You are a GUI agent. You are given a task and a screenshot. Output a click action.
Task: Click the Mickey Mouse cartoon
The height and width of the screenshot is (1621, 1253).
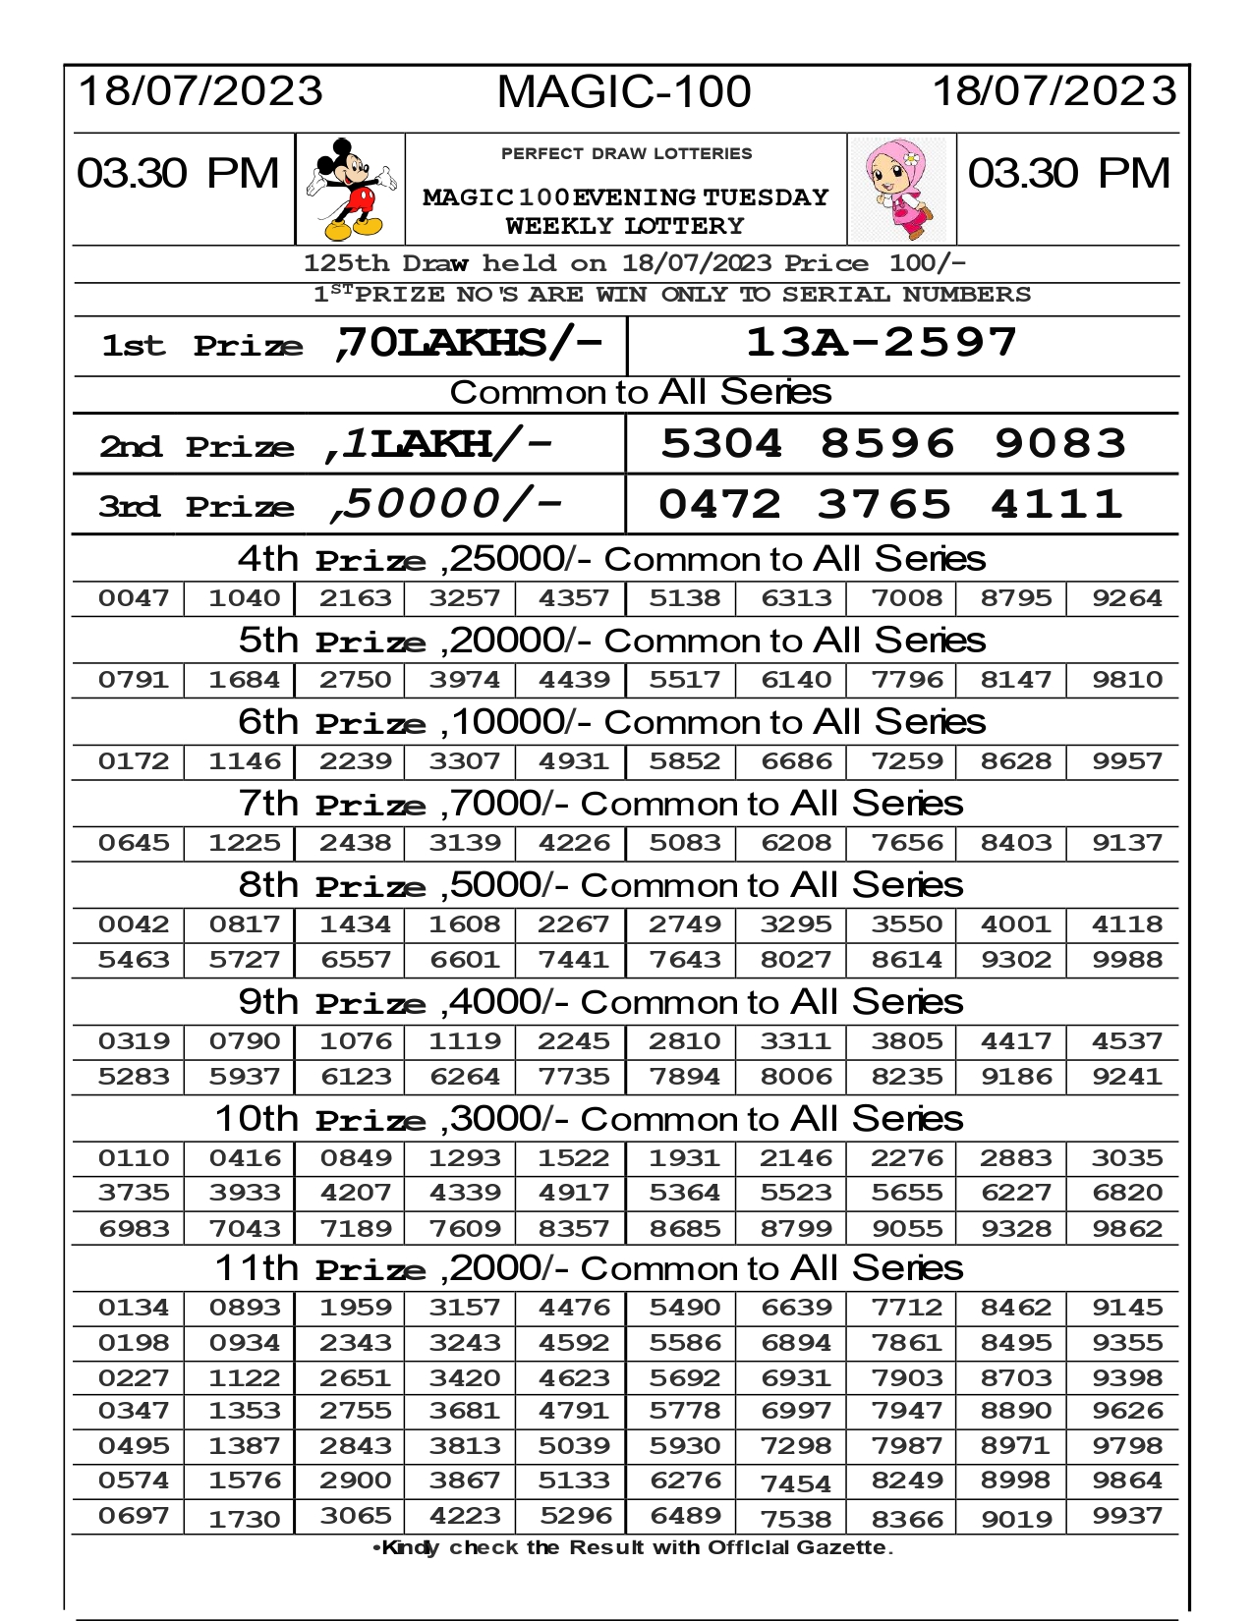pyautogui.click(x=350, y=189)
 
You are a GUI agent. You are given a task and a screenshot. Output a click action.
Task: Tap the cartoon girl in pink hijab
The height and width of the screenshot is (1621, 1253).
pyautogui.click(x=901, y=190)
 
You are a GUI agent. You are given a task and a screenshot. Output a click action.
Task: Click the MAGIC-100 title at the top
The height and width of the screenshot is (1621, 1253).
pyautogui.click(x=624, y=92)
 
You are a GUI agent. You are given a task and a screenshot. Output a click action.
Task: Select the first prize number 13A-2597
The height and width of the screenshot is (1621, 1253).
pyautogui.click(x=882, y=343)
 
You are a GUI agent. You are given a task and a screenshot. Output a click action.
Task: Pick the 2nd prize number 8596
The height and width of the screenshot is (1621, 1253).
pyautogui.click(x=887, y=444)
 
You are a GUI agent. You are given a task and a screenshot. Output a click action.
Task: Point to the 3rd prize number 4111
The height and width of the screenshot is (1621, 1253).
pyautogui.click(x=1056, y=505)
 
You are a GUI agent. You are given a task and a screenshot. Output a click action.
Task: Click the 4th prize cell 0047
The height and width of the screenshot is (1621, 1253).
pyautogui.click(x=134, y=598)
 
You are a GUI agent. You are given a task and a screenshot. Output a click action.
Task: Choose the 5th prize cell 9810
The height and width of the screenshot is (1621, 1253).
pyautogui.click(x=1127, y=680)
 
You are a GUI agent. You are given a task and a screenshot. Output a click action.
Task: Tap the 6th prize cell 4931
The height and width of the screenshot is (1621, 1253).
pyautogui.click(x=574, y=761)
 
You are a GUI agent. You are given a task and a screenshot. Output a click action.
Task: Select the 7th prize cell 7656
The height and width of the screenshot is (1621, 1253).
pyautogui.click(x=906, y=843)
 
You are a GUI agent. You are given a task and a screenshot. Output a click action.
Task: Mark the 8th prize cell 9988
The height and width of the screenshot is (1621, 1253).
pyautogui.click(x=1127, y=960)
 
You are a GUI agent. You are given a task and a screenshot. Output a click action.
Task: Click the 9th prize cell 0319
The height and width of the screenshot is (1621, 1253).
pyautogui.click(x=134, y=1041)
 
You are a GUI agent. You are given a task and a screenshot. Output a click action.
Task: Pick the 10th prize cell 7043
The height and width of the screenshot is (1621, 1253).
pyautogui.click(x=245, y=1229)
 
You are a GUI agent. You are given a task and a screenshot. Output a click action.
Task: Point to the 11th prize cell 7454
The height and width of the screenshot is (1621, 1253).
pyautogui.click(x=796, y=1483)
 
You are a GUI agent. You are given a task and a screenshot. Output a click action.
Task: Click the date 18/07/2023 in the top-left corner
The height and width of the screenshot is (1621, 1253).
pyautogui.click(x=199, y=91)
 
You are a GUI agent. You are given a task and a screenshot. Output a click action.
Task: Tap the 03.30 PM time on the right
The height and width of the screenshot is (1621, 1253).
pyautogui.click(x=1069, y=174)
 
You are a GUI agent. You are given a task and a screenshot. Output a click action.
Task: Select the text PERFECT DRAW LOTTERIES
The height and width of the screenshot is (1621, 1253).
pyautogui.click(x=626, y=154)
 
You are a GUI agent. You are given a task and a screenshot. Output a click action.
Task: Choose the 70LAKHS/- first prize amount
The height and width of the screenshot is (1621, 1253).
pyautogui.click(x=468, y=343)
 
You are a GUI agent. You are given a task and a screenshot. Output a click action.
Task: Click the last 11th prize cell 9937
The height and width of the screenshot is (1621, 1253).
pyautogui.click(x=1127, y=1517)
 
